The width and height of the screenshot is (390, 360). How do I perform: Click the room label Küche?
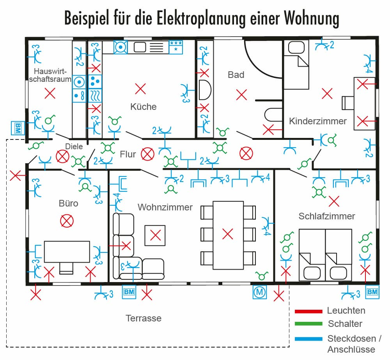pyautogui.click(x=144, y=106)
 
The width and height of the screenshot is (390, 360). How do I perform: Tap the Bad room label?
pyautogui.click(x=236, y=74)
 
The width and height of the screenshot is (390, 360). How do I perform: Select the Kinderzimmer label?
pyautogui.click(x=317, y=121)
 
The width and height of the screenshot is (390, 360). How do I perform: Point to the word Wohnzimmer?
pyautogui.click(x=165, y=207)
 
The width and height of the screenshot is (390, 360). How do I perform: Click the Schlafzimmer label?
pyautogui.click(x=327, y=216)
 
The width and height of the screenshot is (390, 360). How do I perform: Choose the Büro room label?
pyautogui.click(x=68, y=203)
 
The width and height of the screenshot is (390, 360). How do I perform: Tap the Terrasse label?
pyautogui.click(x=144, y=318)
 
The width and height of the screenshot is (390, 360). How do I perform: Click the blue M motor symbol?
pyautogui.click(x=259, y=291)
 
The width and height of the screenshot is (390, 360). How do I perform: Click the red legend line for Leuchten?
pyautogui.click(x=308, y=311)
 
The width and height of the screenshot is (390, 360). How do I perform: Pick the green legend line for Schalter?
pyautogui.click(x=308, y=324)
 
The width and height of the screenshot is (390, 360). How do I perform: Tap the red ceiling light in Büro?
pyautogui.click(x=67, y=221)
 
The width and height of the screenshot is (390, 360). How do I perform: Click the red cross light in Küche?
pyautogui.click(x=140, y=89)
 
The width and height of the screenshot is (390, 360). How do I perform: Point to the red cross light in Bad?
pyautogui.click(x=242, y=94)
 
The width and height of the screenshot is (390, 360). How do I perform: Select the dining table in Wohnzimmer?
pyautogui.click(x=228, y=235)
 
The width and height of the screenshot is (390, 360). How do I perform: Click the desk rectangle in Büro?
pyautogui.click(x=67, y=251)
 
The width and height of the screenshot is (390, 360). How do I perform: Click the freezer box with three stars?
pyautogui.click(x=175, y=47)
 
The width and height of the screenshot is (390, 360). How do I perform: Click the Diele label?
pyautogui.click(x=74, y=146)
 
